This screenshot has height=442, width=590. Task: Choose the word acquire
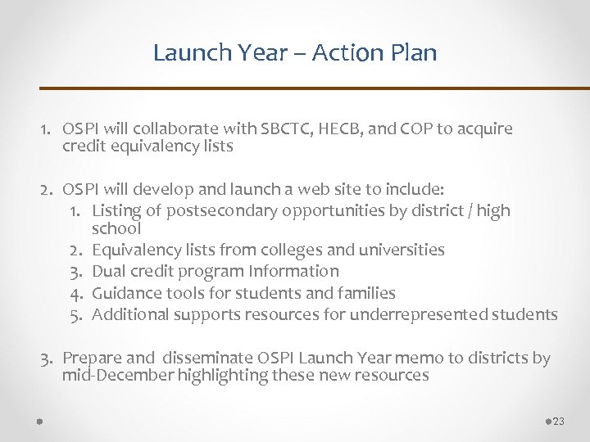point(485,129)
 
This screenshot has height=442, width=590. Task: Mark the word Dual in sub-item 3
point(109,271)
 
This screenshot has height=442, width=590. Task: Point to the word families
point(367,293)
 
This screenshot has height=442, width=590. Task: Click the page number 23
point(559,422)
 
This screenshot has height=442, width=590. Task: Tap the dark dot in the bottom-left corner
point(39,421)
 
